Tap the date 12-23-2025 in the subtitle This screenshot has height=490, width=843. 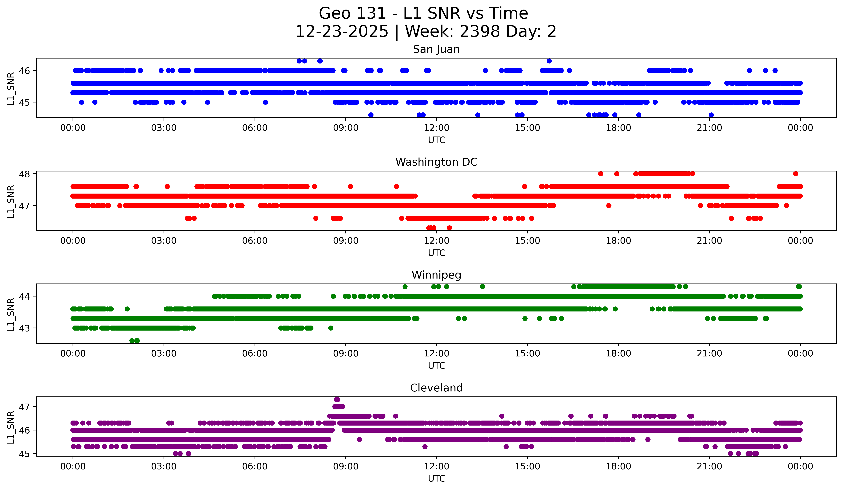coord(342,32)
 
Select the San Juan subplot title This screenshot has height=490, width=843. coord(436,49)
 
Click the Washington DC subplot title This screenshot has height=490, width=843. coord(436,162)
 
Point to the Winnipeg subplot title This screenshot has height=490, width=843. coord(436,275)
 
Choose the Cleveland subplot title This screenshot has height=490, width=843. coord(436,388)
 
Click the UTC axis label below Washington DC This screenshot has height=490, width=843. coord(437,253)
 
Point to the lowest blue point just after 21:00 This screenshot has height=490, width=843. coord(711,115)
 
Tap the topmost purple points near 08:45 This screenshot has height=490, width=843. coord(337,400)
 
